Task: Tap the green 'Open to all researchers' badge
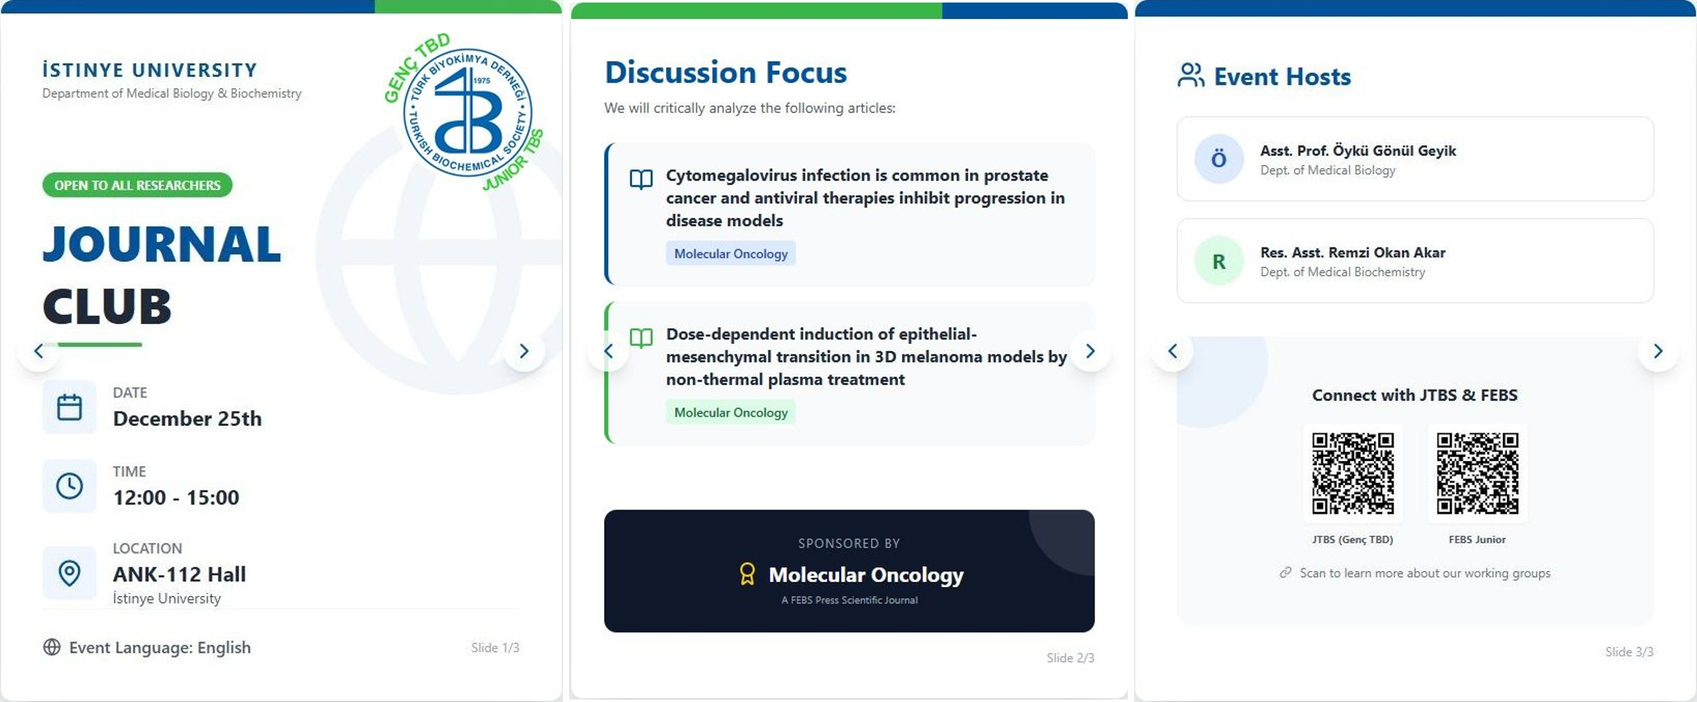137,185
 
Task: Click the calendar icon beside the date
69,407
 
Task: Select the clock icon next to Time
69,486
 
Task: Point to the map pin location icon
69,573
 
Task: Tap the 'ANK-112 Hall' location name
179,574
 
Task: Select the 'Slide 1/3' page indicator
495,647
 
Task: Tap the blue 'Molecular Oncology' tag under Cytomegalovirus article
731,254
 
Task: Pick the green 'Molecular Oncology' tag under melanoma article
731,412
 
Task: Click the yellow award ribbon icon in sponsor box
747,574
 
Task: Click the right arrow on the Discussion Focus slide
1090,351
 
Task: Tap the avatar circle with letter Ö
1219,159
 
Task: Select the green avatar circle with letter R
1219,261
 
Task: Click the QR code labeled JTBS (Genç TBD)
1352,473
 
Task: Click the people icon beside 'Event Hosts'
1191,75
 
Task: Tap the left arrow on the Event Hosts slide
1172,351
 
